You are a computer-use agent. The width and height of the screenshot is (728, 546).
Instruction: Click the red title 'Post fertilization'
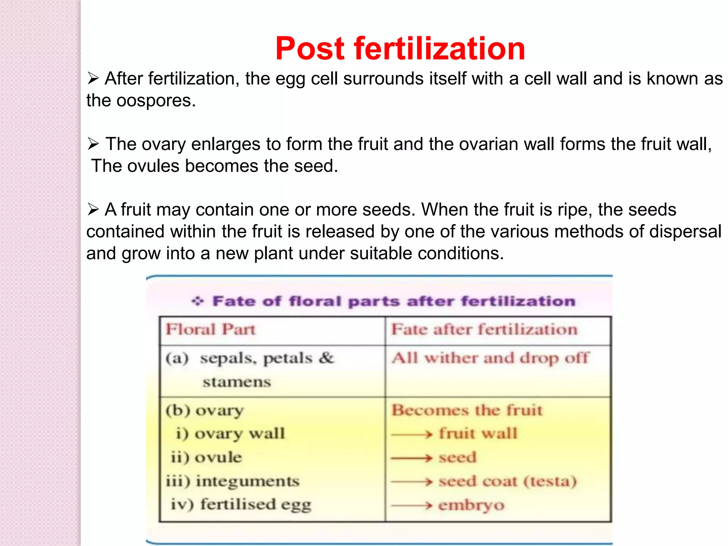tap(400, 49)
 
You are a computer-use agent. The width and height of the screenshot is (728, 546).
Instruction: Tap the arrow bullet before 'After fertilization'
tap(93, 78)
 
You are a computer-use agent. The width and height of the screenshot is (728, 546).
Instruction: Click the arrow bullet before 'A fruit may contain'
tap(93, 209)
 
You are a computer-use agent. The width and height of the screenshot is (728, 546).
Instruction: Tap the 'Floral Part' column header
tap(210, 330)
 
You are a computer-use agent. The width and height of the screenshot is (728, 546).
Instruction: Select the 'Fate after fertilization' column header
tap(484, 330)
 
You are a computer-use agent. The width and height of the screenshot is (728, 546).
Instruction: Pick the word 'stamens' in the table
tap(237, 382)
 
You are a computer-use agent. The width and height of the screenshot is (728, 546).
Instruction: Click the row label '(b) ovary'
tap(205, 411)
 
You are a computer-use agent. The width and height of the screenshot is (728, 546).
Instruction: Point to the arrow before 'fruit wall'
tap(412, 434)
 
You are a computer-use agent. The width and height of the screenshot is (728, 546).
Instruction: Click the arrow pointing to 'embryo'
tap(412, 505)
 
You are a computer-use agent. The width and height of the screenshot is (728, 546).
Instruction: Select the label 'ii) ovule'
tap(206, 457)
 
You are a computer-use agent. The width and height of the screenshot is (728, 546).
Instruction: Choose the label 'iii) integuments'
tap(233, 481)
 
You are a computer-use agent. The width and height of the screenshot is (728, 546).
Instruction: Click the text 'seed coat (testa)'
tap(508, 481)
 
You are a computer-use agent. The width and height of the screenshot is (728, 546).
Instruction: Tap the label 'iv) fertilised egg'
tap(241, 505)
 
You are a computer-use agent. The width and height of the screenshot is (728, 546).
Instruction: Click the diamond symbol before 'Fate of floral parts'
tap(198, 301)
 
